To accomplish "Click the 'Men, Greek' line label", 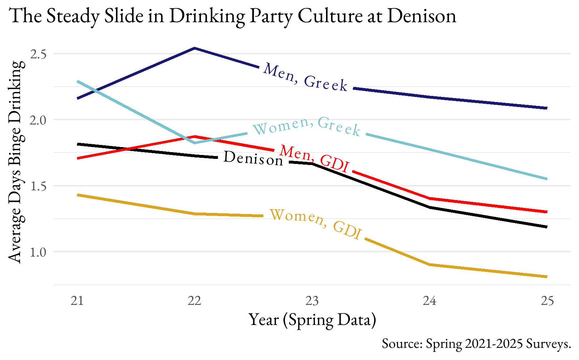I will (305, 77).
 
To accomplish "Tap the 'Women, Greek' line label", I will (306, 126).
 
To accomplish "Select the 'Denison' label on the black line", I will (253, 158).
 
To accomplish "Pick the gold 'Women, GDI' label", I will (315, 224).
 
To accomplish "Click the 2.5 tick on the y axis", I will (39, 54).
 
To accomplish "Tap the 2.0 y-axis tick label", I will (39, 120).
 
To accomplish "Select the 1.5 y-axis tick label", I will (39, 186).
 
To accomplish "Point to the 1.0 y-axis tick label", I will (39, 252).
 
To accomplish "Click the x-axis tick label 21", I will (77, 301).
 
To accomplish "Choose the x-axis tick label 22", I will (194, 301).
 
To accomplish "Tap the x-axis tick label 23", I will (312, 301).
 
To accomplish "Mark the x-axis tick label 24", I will (429, 301).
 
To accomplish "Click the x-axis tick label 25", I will (547, 301).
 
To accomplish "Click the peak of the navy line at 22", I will (194, 48).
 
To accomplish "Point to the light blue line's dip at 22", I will (194, 143).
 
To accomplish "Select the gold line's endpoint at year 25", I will (546, 277).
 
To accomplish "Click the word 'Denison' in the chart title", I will (422, 16).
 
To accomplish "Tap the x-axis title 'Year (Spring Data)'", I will (312, 320).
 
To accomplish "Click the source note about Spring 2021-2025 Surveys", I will (476, 344).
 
